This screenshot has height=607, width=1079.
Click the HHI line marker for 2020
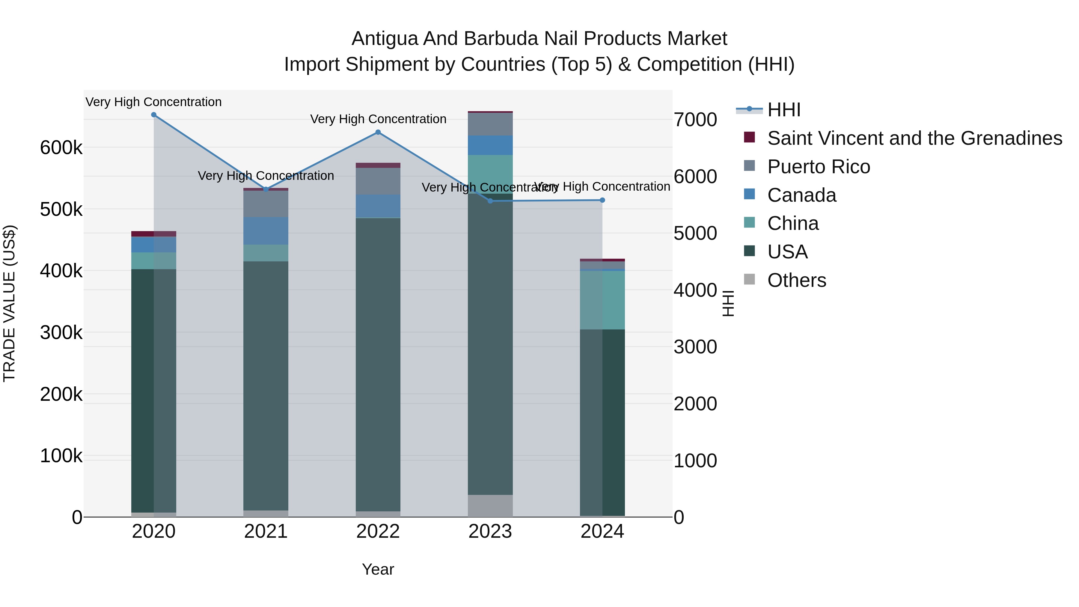click(x=154, y=115)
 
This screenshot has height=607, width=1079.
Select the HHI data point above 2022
click(x=378, y=132)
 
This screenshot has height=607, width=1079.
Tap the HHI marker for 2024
click(x=602, y=200)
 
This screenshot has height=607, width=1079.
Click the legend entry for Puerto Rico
click(x=819, y=167)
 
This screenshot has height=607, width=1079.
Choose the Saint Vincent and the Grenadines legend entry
click(x=914, y=138)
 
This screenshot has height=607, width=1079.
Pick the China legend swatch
click(x=749, y=223)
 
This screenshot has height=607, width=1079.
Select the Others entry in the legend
click(x=796, y=280)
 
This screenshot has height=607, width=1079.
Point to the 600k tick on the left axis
click(x=61, y=148)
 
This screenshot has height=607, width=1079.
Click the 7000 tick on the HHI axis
click(x=695, y=120)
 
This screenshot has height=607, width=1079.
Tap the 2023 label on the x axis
click(x=490, y=531)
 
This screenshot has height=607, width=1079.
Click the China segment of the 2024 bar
click(x=602, y=300)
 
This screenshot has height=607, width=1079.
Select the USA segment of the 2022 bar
click(x=378, y=364)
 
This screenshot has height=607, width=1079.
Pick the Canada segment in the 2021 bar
click(x=266, y=231)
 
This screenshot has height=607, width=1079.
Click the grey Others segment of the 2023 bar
click(x=490, y=506)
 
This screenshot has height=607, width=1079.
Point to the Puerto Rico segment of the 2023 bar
click(x=490, y=124)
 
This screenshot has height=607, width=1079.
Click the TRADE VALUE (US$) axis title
click(x=10, y=303)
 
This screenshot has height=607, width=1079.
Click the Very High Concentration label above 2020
click(x=154, y=102)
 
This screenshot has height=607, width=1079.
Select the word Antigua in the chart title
click(x=384, y=39)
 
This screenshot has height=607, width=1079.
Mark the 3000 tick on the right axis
click(x=695, y=347)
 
